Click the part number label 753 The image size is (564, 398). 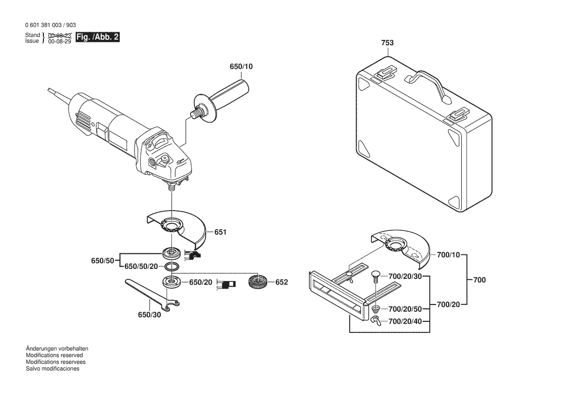[x=387, y=43]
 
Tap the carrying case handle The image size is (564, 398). [x=428, y=87]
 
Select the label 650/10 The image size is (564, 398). [x=241, y=66]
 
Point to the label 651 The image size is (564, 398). [x=220, y=232]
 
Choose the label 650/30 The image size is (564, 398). [x=149, y=315]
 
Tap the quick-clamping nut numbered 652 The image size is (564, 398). [x=257, y=281]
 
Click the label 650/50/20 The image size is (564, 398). [x=141, y=266]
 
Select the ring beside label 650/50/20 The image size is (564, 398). [x=171, y=267]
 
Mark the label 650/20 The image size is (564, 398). [x=201, y=282]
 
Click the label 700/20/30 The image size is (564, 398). [x=405, y=277]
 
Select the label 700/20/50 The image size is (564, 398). [x=405, y=309]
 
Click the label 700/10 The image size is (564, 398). [x=448, y=255]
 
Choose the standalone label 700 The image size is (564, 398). [x=480, y=280]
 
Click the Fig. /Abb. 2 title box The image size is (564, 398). [x=97, y=37]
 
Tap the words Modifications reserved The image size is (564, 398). [x=55, y=355]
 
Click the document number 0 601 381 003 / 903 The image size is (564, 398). [x=51, y=25]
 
